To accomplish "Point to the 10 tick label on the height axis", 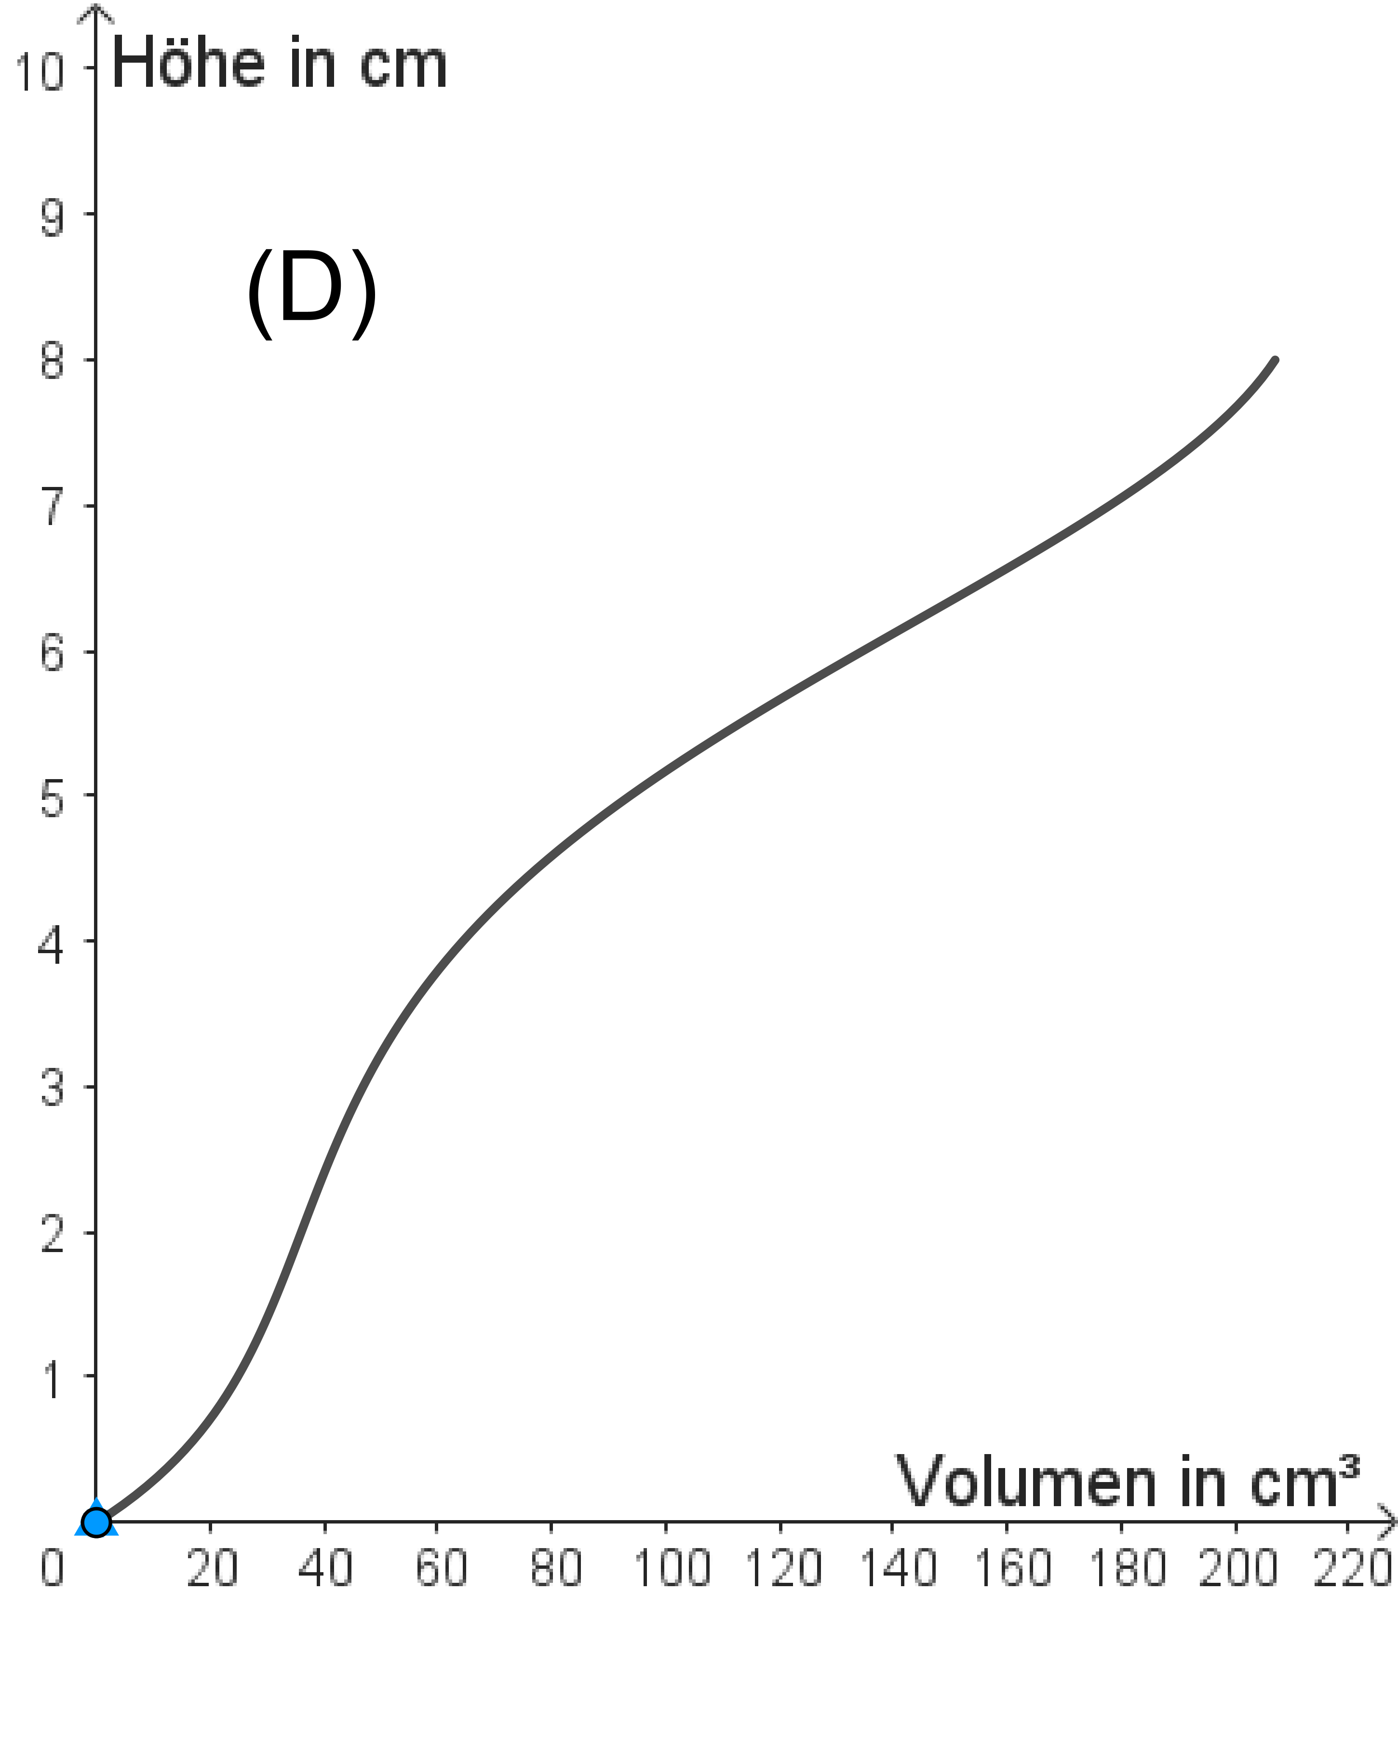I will coord(39,71).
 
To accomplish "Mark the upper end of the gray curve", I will coord(1275,360).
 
